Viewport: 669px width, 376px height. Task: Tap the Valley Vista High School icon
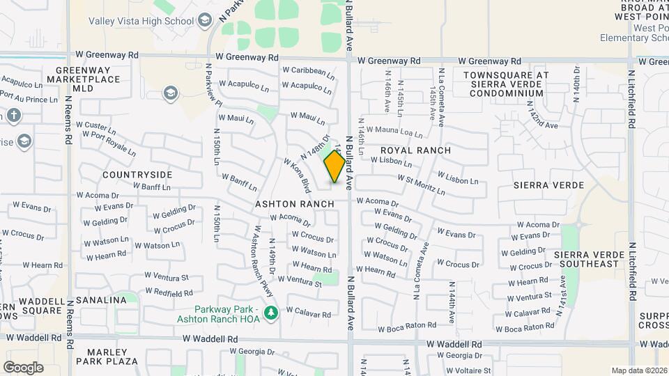(204, 21)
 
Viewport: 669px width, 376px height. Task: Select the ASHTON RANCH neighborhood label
(294, 204)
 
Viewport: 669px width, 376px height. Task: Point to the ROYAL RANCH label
(415, 150)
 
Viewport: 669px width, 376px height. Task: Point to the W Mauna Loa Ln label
(394, 131)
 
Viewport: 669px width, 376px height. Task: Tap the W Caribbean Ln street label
(309, 70)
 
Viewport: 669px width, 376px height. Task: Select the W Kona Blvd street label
(295, 174)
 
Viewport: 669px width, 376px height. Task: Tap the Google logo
(23, 367)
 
